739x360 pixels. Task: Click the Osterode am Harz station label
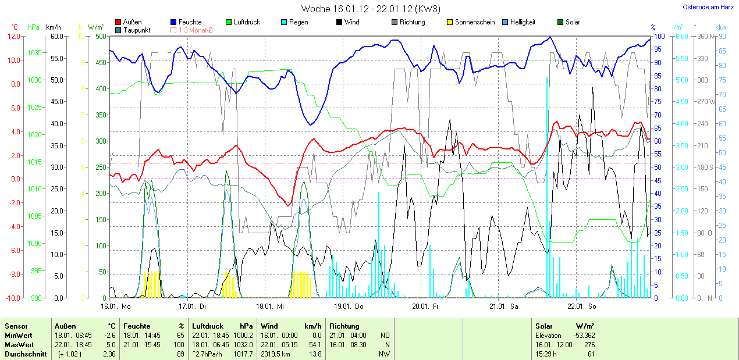708,7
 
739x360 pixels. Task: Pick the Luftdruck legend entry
247,22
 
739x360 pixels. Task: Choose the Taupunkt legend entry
137,30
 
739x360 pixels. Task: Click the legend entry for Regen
299,22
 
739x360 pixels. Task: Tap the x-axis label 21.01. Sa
502,306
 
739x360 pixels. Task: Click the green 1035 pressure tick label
34,52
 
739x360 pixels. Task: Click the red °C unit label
15,27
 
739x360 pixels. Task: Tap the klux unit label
721,27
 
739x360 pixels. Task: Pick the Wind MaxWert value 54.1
316,345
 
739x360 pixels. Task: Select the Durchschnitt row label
26,354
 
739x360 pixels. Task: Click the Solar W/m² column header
564,326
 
